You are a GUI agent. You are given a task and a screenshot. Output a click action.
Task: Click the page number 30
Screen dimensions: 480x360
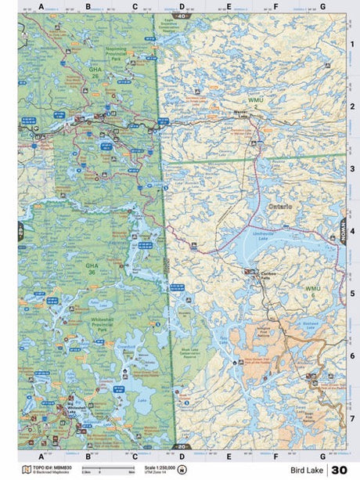coord(339,470)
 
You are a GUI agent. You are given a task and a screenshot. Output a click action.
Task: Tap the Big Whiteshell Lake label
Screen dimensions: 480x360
coord(75,408)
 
